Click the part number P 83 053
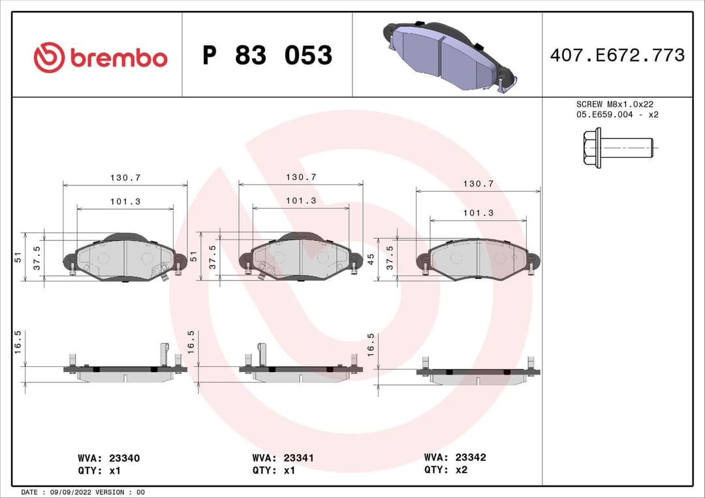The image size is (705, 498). (267, 56)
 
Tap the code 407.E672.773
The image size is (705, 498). (617, 55)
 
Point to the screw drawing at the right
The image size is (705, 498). (618, 148)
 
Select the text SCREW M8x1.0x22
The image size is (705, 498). (614, 104)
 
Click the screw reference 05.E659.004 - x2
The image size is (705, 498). (616, 115)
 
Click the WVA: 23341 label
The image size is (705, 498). (283, 458)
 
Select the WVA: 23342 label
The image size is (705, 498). (455, 458)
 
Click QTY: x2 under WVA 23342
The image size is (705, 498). (446, 469)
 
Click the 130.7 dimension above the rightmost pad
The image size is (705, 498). (478, 184)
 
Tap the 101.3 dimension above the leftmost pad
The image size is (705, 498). (125, 202)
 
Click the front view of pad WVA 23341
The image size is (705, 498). (300, 258)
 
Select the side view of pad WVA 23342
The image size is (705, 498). (478, 375)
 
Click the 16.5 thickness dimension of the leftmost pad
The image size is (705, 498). (18, 341)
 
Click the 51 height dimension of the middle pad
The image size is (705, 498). (193, 257)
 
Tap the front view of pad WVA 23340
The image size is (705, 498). (125, 258)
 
